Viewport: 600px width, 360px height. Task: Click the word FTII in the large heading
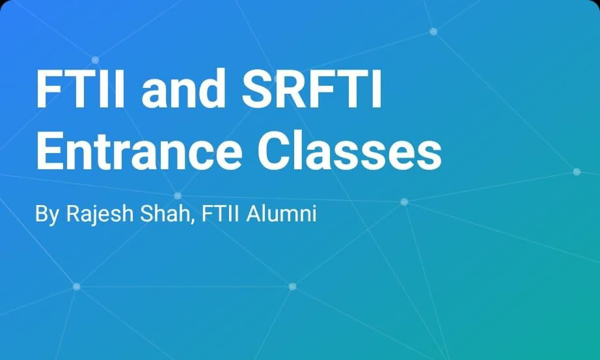point(80,88)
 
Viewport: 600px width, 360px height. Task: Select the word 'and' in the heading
point(184,88)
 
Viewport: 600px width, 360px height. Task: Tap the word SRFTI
point(312,88)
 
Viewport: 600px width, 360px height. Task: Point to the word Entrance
point(139,150)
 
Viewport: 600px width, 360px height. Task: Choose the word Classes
point(349,150)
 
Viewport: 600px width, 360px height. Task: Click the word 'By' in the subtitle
point(47,214)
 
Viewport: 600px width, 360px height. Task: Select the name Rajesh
point(100,214)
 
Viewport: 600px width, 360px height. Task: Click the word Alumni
point(282,214)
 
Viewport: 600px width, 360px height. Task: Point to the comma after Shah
point(193,221)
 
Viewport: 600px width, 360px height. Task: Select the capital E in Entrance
point(49,150)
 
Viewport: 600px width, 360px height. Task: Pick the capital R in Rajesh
point(74,214)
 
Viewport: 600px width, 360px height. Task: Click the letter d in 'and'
point(211,88)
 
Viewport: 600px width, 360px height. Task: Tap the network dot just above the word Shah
point(178,196)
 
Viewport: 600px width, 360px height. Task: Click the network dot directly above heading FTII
point(95,60)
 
